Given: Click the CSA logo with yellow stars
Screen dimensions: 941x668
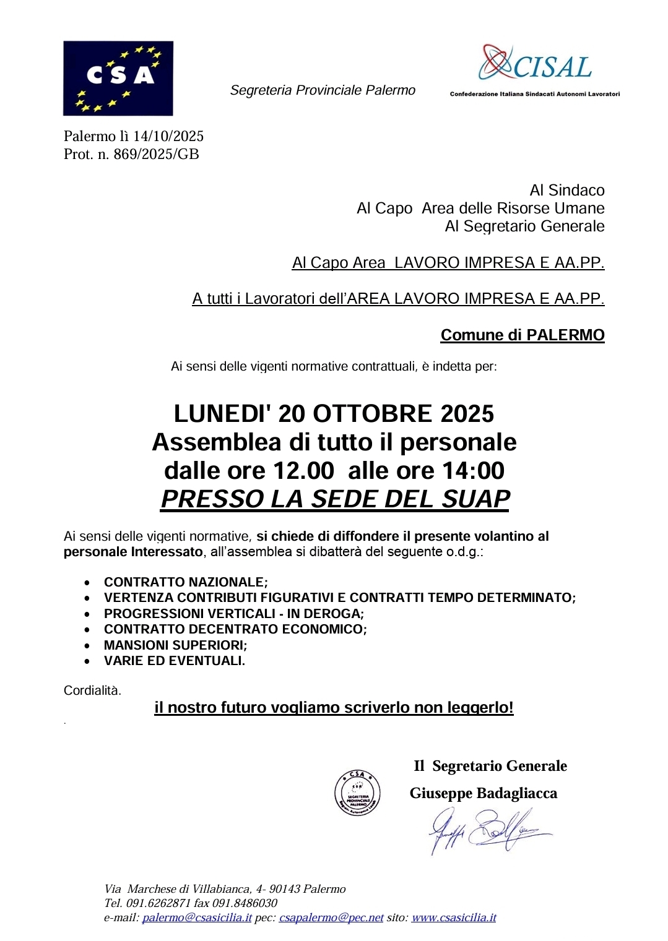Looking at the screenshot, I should tap(118, 78).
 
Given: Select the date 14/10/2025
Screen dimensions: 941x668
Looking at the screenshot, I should tap(168, 136).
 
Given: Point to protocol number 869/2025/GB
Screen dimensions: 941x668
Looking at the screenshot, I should tap(156, 154).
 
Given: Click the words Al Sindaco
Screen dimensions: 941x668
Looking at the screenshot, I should tap(566, 190).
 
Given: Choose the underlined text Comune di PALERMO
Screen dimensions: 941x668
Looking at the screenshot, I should tap(522, 335).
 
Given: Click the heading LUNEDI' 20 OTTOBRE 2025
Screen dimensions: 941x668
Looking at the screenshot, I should tap(334, 413).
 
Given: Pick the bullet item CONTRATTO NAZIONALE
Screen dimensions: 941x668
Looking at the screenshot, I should tap(185, 582).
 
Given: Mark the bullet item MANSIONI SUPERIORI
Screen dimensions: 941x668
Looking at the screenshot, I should tap(175, 645).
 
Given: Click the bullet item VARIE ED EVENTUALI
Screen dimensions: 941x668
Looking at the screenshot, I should tap(174, 661).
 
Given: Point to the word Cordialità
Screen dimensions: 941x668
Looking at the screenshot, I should tap(92, 690).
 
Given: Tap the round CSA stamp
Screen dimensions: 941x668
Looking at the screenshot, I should tap(357, 793).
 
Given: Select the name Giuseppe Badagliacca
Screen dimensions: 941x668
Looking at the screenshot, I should tap(483, 793).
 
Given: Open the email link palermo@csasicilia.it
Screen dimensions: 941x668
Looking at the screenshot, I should tap(197, 918).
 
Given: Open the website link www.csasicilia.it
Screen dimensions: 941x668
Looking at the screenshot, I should tap(453, 918).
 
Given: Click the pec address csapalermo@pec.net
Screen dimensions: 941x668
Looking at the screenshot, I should tap(331, 918).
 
